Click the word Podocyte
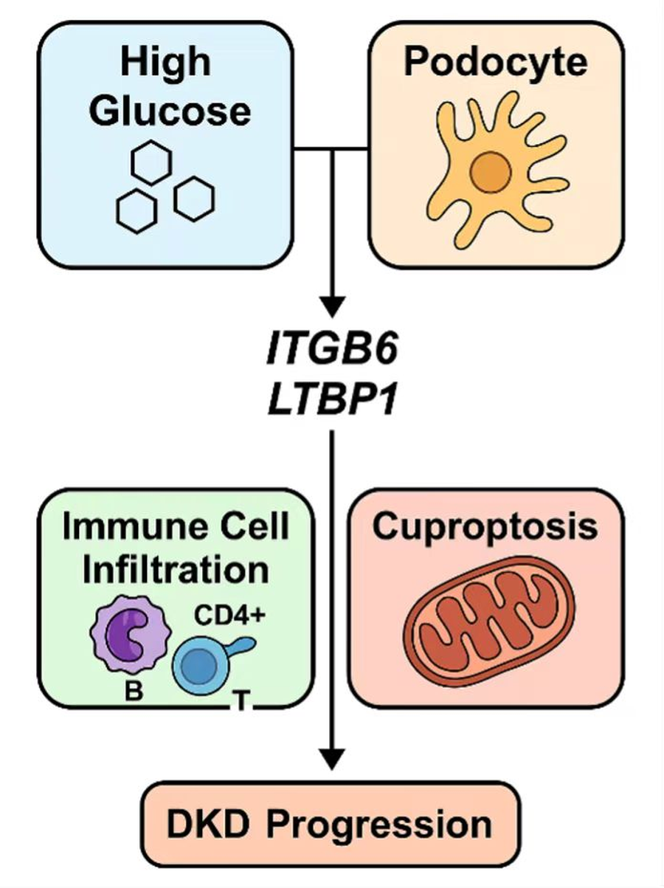coord(495,63)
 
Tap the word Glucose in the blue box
coord(173,111)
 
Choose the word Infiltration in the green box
coord(175,570)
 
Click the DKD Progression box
coord(330,824)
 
